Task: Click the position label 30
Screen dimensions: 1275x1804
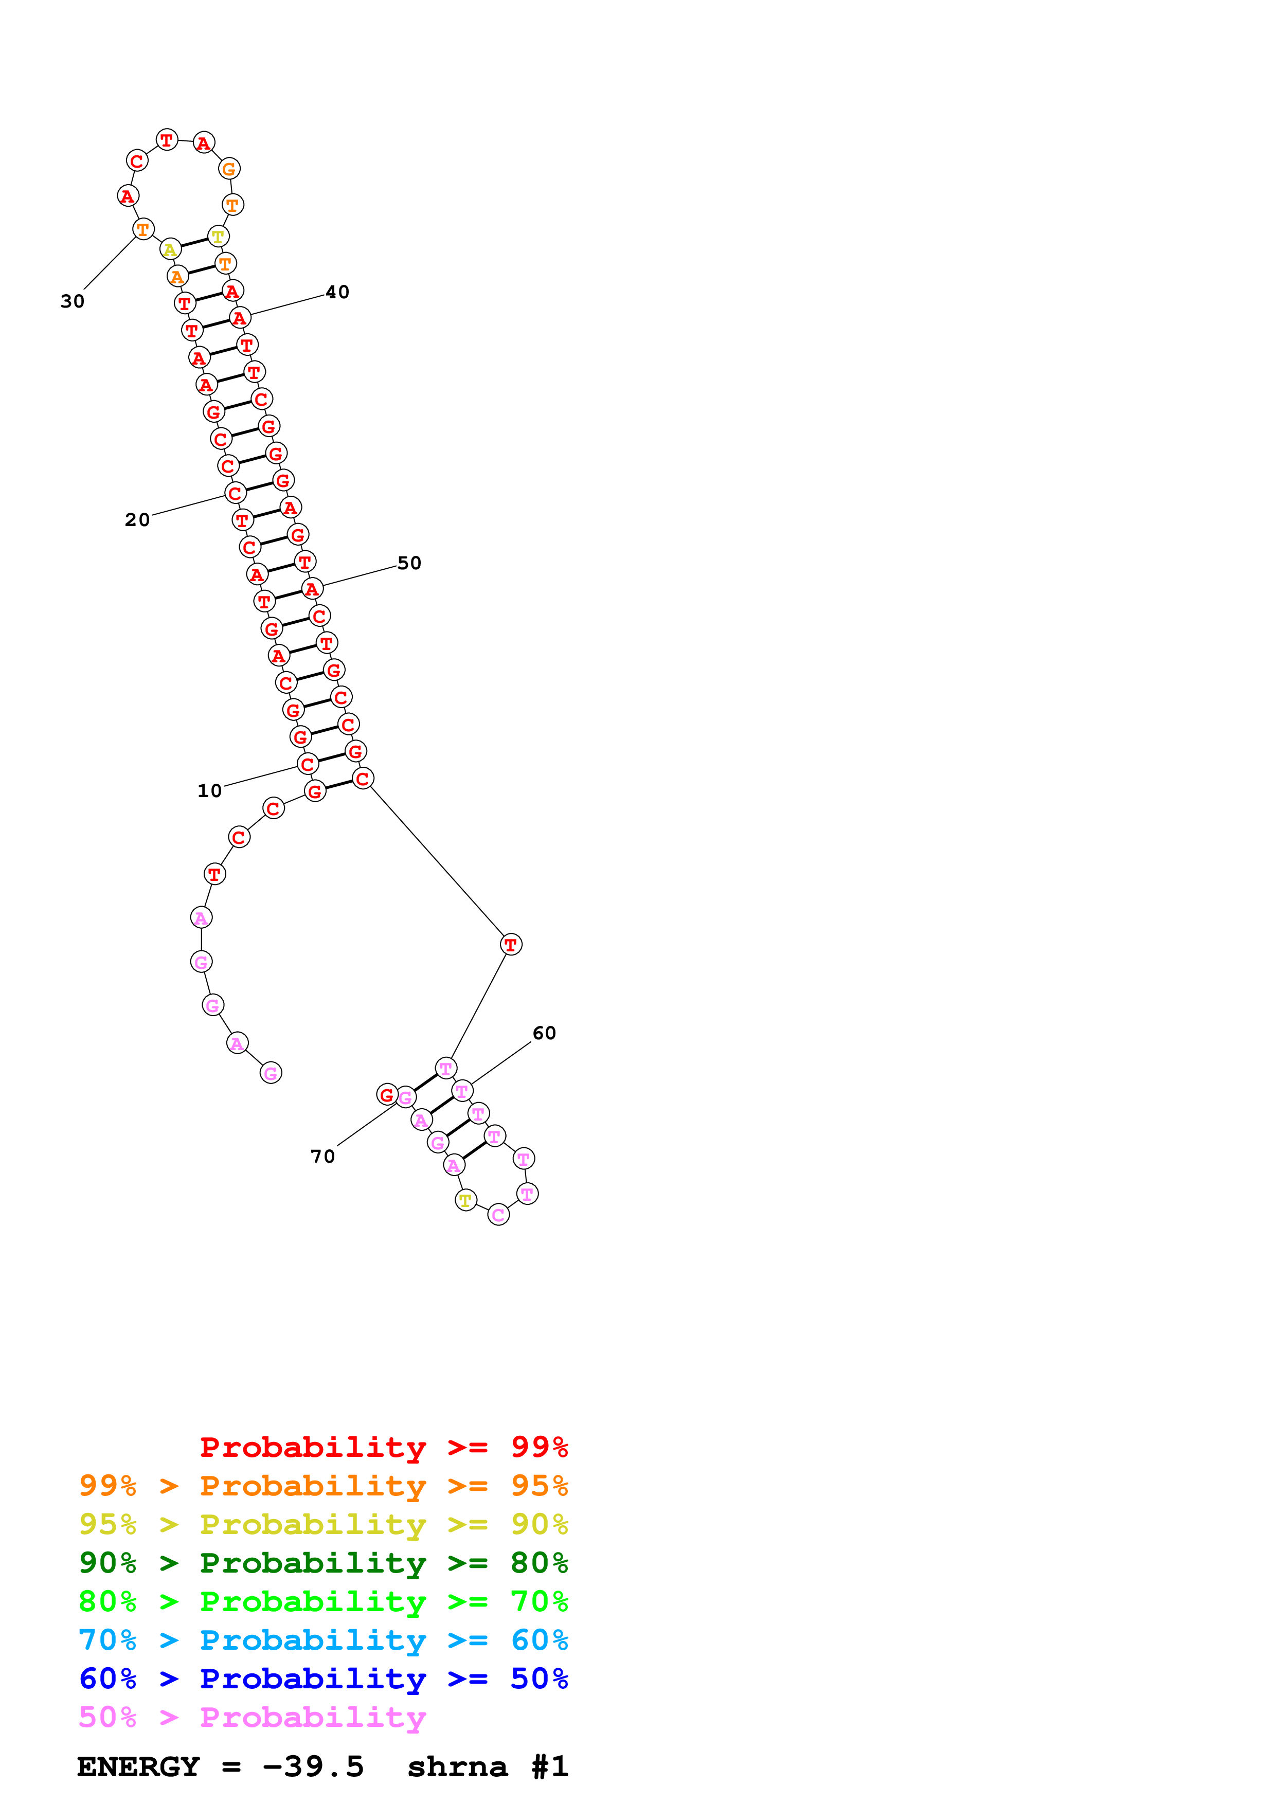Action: coord(73,302)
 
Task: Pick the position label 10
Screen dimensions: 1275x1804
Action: coord(209,791)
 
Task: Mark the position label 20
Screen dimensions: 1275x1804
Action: coord(137,520)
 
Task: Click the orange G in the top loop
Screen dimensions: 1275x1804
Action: coord(228,169)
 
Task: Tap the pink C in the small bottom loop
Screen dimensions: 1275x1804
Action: coord(498,1215)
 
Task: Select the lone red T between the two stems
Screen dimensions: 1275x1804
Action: coord(511,945)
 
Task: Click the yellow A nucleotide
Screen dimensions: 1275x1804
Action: coord(170,250)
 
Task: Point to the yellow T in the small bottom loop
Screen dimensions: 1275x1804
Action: coord(466,1201)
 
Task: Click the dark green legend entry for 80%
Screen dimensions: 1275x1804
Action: coord(323,1563)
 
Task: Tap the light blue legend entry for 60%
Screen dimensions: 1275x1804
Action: coord(323,1640)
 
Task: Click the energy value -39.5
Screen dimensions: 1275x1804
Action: coord(313,1767)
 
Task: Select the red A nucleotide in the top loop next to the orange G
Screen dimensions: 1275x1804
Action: coord(204,143)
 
